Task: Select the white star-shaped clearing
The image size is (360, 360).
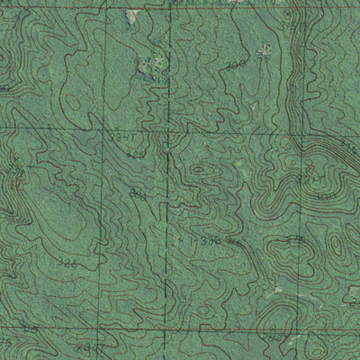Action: click(x=263, y=52)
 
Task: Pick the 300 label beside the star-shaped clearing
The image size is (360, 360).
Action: click(x=236, y=67)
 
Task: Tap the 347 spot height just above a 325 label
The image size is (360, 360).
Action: click(x=125, y=135)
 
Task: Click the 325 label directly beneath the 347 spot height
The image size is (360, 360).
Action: click(x=135, y=154)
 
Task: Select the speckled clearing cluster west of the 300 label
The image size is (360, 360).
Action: click(x=149, y=63)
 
